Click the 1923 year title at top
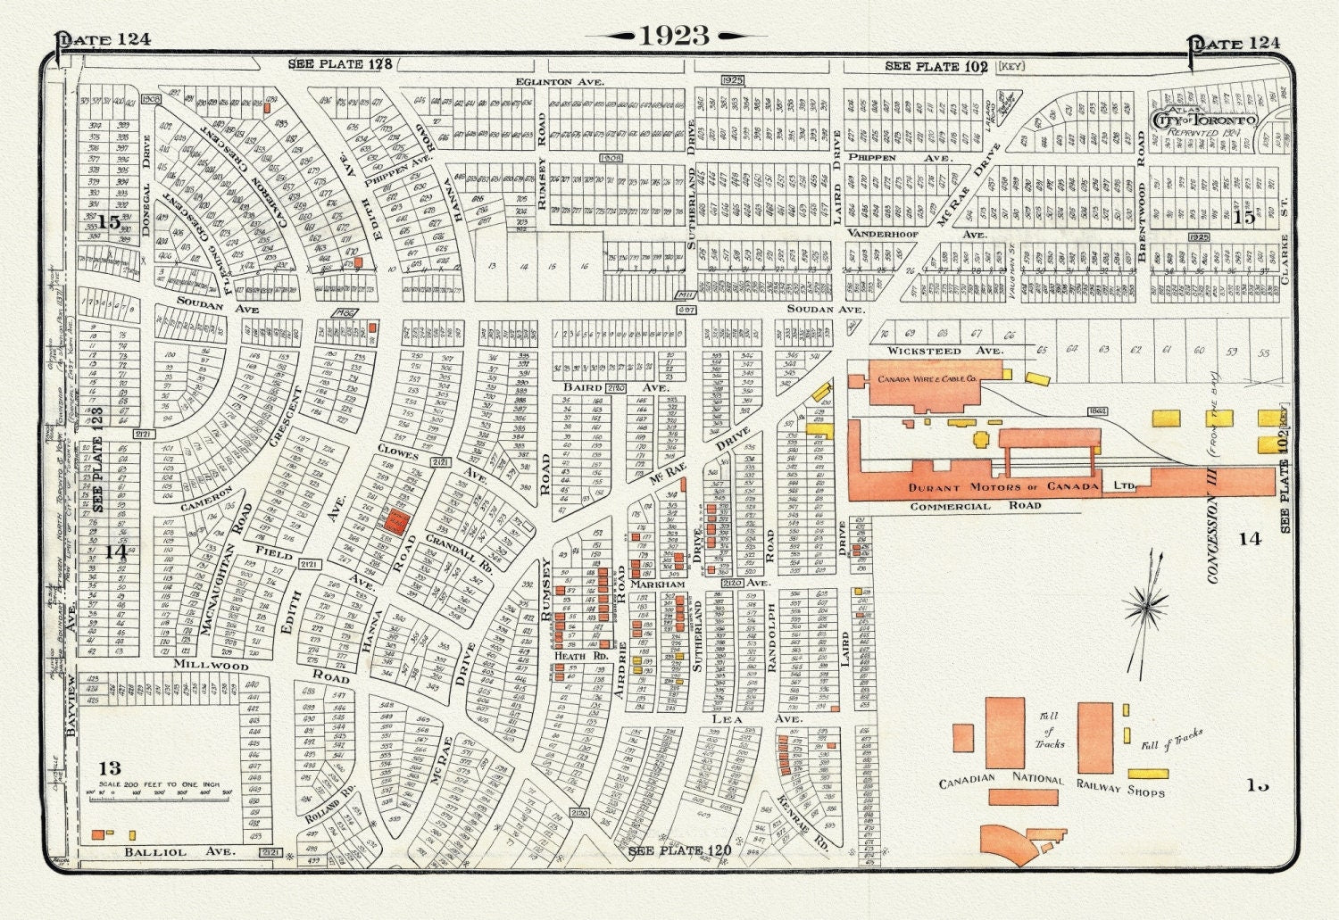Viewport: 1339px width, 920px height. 674,36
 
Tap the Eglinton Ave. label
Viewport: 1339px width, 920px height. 560,81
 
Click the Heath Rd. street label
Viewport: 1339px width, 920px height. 570,656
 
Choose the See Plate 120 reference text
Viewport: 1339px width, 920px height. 680,850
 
